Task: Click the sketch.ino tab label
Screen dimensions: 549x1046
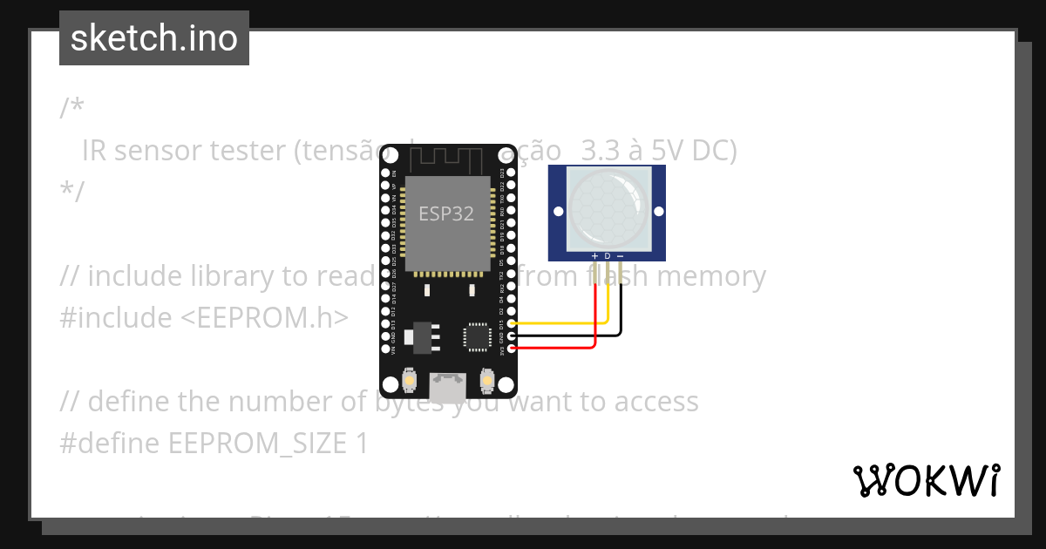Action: pos(154,38)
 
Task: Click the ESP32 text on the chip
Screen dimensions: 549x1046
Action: pos(446,213)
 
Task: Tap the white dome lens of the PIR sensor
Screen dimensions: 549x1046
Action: pos(608,206)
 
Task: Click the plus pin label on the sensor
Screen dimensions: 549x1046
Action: pos(594,256)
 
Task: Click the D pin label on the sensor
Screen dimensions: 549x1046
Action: pos(608,256)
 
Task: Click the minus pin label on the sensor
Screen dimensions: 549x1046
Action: pos(621,256)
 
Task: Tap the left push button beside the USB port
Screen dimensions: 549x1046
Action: pos(409,381)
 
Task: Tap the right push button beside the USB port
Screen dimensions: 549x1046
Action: pos(487,381)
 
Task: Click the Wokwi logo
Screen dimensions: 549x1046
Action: pos(926,480)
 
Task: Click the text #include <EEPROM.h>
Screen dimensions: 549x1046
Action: pos(204,318)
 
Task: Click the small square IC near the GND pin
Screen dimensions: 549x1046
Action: pos(478,336)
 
